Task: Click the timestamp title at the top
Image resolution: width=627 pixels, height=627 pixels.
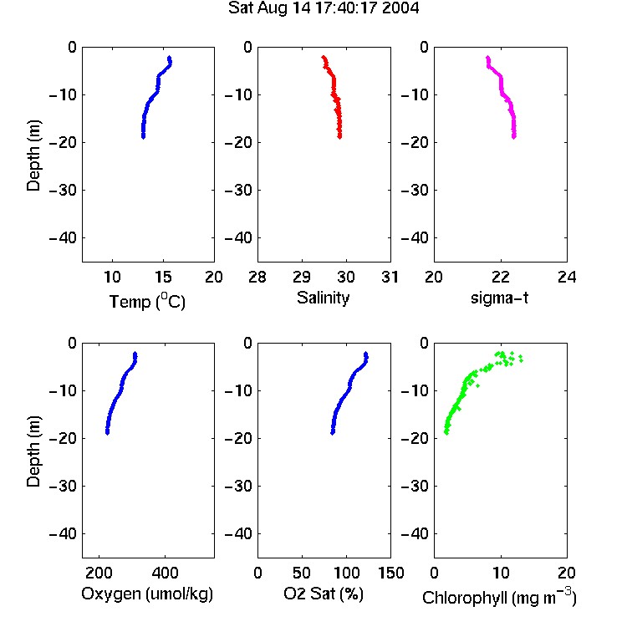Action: pos(324,8)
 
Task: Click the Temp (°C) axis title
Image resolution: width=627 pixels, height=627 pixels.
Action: pos(147,301)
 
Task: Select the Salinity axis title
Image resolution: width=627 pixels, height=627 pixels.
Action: pos(323,298)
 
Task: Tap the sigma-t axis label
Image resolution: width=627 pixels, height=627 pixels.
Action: pos(499,298)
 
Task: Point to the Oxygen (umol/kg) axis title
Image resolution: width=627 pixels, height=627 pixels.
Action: pos(147,594)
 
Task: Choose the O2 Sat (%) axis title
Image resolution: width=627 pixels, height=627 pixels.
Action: pos(323,594)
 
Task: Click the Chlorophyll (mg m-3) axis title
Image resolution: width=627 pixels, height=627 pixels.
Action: pos(499,597)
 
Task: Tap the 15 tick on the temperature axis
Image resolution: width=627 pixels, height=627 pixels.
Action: pos(163,277)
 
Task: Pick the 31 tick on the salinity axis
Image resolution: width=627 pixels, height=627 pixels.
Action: pos(390,277)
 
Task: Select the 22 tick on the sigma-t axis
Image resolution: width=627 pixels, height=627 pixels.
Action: pos(500,277)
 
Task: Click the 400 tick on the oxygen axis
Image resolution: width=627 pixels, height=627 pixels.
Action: pos(165,573)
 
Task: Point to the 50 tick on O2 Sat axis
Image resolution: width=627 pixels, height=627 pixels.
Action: pos(302,573)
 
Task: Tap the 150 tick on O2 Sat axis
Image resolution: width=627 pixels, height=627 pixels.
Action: pos(390,573)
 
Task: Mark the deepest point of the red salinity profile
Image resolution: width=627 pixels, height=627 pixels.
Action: pos(339,137)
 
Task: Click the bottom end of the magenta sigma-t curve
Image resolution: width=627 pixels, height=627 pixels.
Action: pos(514,137)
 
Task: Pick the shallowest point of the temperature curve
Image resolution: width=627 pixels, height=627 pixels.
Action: pos(169,58)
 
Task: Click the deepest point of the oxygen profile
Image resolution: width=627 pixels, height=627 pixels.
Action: pos(107,433)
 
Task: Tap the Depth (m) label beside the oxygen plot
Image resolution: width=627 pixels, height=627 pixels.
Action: pos(33,451)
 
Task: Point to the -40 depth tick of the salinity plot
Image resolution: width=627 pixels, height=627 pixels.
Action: pos(240,238)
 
